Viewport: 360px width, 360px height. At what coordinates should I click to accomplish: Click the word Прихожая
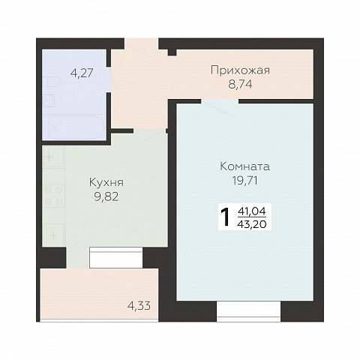tap(240, 70)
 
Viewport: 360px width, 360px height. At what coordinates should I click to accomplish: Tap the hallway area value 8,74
tap(240, 85)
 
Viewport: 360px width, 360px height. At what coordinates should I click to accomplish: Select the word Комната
tap(244, 166)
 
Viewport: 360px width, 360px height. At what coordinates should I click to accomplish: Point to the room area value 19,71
tap(244, 181)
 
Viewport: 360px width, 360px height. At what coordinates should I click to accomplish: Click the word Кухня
tap(106, 183)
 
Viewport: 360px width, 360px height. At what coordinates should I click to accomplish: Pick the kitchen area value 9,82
tap(106, 197)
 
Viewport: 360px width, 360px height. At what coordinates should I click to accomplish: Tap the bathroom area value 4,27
tap(82, 73)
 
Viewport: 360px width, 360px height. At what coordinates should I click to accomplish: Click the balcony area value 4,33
tap(139, 305)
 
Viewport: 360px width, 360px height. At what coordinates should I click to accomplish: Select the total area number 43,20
tap(252, 224)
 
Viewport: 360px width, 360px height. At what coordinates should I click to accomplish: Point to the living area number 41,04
tap(252, 211)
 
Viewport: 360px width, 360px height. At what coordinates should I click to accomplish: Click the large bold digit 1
tap(225, 217)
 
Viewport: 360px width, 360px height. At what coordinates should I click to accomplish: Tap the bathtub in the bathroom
tap(76, 127)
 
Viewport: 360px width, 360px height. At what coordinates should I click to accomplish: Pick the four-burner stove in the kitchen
tap(53, 195)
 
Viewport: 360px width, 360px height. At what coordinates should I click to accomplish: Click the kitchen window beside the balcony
tap(116, 258)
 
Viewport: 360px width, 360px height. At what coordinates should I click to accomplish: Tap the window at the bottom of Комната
tap(248, 311)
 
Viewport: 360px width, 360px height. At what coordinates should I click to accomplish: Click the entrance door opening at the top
tap(142, 43)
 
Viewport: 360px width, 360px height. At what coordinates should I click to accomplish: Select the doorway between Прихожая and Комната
tap(220, 101)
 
